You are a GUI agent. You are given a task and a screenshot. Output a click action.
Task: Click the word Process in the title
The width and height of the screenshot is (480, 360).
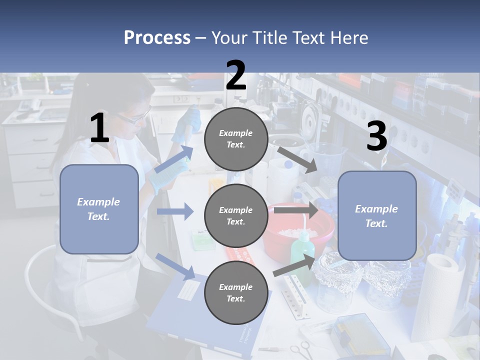click(157, 37)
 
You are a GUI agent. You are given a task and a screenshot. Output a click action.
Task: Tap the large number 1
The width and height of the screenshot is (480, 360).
click(99, 128)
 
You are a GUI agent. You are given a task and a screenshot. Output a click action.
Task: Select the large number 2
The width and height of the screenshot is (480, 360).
click(236, 75)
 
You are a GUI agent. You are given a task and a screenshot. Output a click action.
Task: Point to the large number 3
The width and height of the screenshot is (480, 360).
click(376, 136)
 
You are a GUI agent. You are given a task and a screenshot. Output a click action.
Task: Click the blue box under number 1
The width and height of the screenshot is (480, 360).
click(99, 209)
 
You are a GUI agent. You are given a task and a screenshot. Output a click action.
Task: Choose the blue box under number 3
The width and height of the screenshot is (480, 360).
click(377, 216)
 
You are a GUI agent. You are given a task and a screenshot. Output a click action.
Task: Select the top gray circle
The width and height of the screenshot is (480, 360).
click(236, 139)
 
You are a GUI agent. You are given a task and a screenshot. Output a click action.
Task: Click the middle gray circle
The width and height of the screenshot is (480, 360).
click(236, 216)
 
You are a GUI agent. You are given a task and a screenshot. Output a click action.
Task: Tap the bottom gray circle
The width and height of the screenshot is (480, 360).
click(236, 293)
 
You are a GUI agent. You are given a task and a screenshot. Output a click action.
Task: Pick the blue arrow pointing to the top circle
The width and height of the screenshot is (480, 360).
click(174, 159)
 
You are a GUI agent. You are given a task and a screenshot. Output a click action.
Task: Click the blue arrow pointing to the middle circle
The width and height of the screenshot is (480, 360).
click(175, 211)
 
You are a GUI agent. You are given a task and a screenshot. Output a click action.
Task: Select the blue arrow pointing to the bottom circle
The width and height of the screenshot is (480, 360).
click(175, 266)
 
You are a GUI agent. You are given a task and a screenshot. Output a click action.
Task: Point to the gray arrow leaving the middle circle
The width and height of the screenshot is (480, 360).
click(295, 210)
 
